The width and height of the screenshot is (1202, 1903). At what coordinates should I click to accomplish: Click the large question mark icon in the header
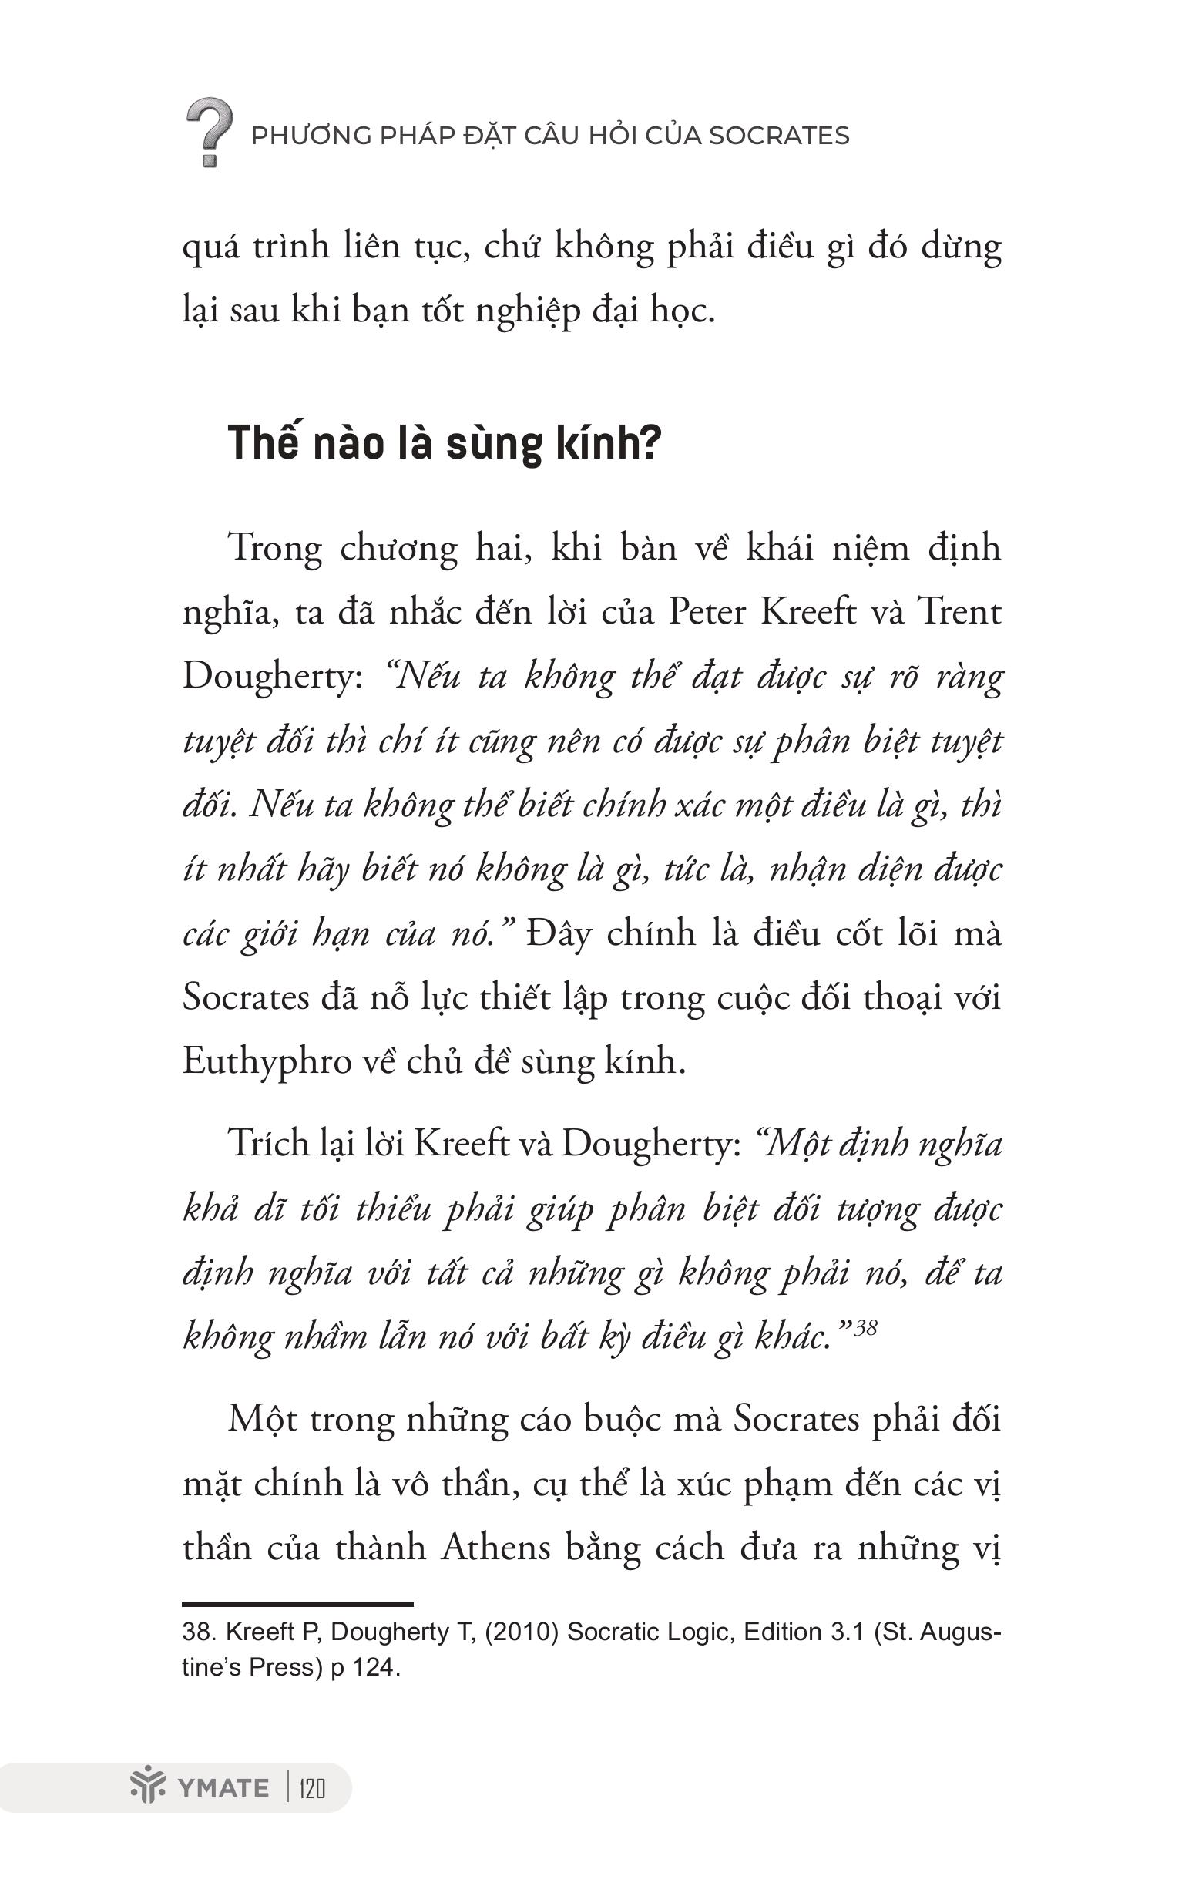point(209,132)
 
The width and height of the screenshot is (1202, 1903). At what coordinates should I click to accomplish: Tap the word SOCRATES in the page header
point(778,136)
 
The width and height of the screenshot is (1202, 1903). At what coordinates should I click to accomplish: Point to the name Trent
point(959,612)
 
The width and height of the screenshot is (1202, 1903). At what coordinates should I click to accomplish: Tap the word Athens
point(495,1548)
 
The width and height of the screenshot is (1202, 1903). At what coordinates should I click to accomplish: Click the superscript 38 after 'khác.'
point(866,1328)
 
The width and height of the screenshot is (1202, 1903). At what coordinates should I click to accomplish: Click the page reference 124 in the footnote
point(374,1667)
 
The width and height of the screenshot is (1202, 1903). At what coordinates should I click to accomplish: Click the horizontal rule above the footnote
point(298,1604)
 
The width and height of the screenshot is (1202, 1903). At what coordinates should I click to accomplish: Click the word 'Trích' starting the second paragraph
point(267,1144)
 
